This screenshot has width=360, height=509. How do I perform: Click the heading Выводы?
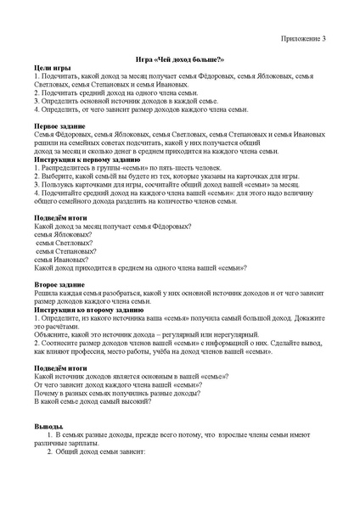(48, 425)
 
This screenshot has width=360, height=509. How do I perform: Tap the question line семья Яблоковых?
(62, 234)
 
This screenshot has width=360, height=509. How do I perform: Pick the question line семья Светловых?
(63, 243)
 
